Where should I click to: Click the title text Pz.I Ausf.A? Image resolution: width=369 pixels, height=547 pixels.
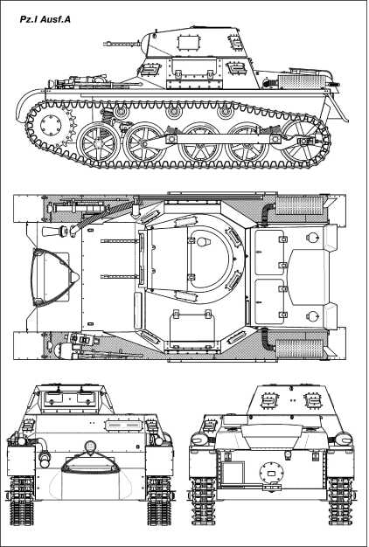point(45,19)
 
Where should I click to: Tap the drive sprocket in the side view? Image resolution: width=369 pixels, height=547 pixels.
point(51,124)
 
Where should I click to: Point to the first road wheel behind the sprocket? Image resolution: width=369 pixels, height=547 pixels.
point(99,143)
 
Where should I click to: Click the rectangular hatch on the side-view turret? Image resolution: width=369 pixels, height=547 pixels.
point(186,43)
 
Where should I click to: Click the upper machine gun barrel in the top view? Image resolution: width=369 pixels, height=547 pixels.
point(120,240)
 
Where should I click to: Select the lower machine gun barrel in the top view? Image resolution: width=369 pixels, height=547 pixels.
point(120,277)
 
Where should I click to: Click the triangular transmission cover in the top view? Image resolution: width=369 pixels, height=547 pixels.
point(55,277)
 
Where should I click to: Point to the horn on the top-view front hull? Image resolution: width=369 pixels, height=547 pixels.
point(52,231)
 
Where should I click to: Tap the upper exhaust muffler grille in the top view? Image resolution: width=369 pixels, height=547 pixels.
point(299,204)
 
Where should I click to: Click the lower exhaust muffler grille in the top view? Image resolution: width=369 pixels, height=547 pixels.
point(299,349)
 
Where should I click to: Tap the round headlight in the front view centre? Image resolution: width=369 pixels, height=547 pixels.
point(90,447)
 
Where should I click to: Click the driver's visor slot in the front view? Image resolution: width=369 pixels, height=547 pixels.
point(124,426)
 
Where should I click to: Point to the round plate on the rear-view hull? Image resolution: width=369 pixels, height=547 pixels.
point(271,473)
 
